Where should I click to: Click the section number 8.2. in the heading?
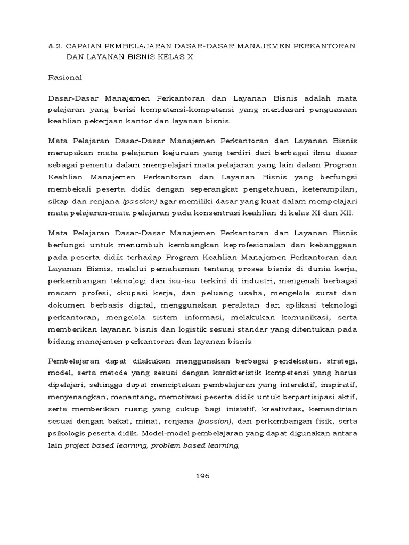tap(55, 46)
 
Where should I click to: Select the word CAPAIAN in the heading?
tap(87, 46)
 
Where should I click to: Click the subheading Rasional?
tap(65, 77)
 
